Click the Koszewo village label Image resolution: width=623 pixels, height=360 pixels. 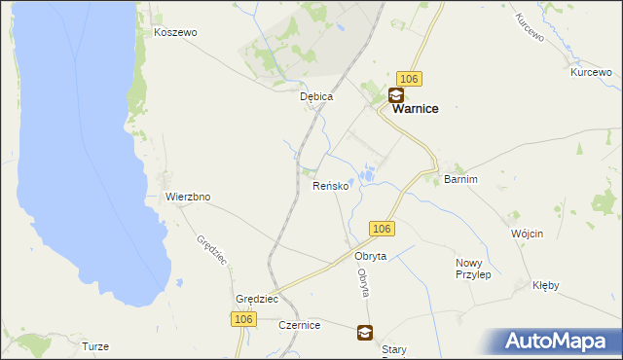[x=175, y=32]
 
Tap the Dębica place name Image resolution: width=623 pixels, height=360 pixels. [x=317, y=96]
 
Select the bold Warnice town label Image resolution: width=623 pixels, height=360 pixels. [x=415, y=110]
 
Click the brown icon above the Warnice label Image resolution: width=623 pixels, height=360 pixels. [x=396, y=94]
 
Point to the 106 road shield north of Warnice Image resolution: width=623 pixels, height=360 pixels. [x=409, y=78]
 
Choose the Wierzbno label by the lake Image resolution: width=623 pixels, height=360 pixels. [x=188, y=197]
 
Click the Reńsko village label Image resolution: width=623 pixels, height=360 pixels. [x=330, y=185]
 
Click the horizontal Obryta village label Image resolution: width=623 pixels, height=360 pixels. [x=371, y=256]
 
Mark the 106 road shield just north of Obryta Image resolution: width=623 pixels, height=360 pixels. [x=382, y=229]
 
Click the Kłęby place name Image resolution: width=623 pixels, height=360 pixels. [x=546, y=286]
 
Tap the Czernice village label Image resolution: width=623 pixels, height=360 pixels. [x=300, y=325]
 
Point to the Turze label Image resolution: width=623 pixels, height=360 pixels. [x=95, y=346]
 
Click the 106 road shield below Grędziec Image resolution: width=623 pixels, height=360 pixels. [x=243, y=319]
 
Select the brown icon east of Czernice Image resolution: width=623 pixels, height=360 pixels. [x=364, y=333]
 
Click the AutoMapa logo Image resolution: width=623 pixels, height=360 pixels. [x=558, y=341]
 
